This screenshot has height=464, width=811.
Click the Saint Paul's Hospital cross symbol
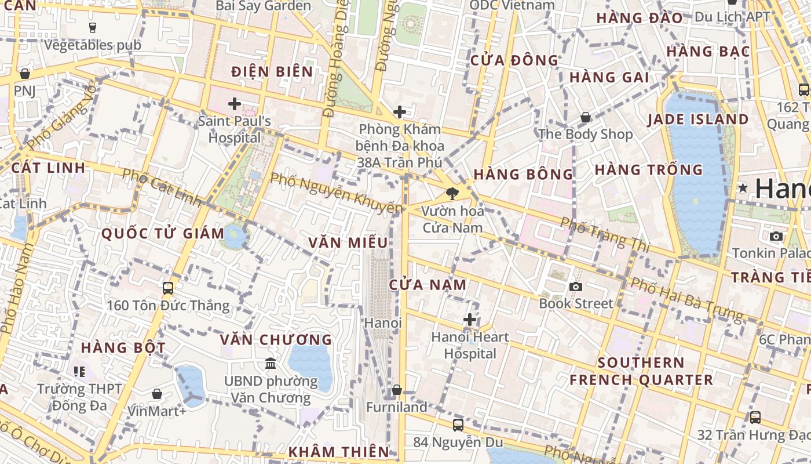(235, 104)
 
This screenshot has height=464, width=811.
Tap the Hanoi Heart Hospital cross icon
(470, 320)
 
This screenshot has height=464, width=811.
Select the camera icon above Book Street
(575, 287)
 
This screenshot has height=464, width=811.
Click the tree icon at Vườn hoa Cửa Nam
(452, 194)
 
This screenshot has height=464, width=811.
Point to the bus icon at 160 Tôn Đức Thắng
(168, 288)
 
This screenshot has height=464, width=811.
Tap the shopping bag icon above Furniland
(397, 390)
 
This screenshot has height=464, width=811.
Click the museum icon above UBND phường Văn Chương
(271, 364)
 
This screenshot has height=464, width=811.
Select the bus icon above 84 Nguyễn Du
(458, 425)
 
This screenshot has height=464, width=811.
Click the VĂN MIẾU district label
(348, 242)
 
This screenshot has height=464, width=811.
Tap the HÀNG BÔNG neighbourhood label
(523, 174)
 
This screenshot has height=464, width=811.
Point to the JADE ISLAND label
(698, 119)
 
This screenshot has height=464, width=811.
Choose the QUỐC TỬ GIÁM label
(163, 234)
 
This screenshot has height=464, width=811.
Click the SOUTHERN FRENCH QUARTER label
(641, 371)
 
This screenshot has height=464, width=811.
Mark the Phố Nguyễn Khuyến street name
(336, 193)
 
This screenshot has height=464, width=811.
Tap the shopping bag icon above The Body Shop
(586, 118)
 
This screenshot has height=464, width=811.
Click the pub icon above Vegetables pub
(93, 27)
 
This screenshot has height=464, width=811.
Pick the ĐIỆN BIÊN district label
(272, 72)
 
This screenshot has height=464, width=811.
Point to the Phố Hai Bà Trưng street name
(686, 300)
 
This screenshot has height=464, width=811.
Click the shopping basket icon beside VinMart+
(156, 394)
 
